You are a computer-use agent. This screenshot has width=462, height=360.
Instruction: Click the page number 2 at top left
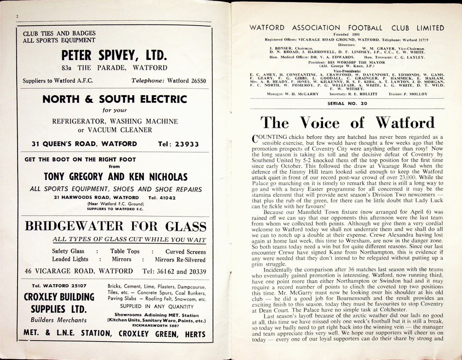tap(16, 16)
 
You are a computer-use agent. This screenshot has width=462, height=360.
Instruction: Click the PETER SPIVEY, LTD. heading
tap(115, 55)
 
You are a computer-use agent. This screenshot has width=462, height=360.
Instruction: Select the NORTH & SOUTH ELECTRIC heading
tap(115, 99)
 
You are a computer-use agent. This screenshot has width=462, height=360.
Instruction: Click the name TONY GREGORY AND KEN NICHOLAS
tap(115, 176)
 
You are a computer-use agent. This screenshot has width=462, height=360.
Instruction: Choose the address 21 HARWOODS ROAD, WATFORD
tap(96, 198)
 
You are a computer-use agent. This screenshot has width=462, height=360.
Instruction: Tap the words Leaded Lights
tap(70, 259)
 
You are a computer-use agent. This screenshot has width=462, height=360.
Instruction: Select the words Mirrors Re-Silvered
tap(180, 259)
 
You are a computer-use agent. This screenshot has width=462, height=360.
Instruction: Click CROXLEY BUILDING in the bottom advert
tap(59, 297)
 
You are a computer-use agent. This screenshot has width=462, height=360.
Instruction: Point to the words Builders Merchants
tap(59, 320)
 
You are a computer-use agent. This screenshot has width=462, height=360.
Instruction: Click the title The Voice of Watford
tap(347, 123)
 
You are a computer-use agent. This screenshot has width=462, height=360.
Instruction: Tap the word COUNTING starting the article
tap(271, 137)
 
